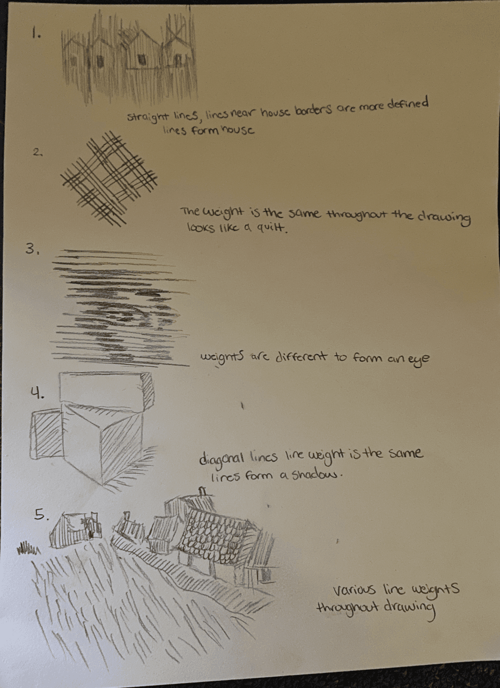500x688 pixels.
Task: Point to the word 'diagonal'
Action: click(x=222, y=460)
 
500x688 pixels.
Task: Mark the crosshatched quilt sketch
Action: click(x=108, y=180)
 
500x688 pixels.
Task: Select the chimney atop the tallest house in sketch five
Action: click(x=202, y=491)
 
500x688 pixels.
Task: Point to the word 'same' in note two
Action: click(x=304, y=214)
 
